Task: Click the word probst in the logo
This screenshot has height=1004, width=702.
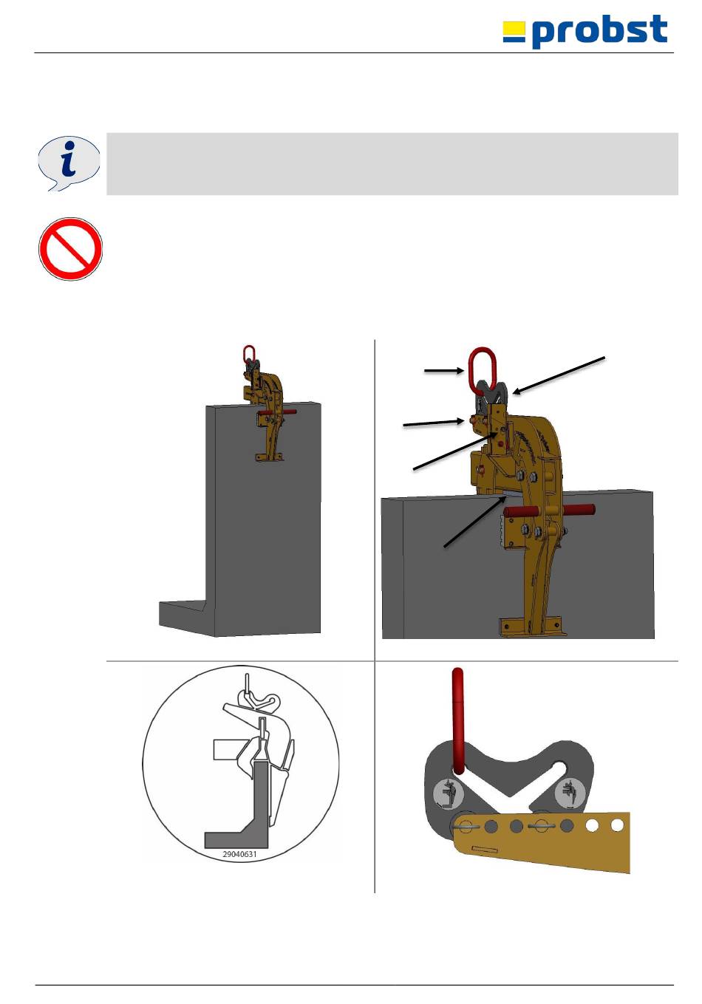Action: (x=599, y=30)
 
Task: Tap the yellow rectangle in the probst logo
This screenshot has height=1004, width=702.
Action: (x=514, y=28)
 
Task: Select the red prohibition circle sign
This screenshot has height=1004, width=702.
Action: (x=70, y=249)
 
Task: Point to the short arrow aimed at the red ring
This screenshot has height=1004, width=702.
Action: (x=444, y=371)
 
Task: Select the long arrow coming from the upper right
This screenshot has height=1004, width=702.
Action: (x=559, y=375)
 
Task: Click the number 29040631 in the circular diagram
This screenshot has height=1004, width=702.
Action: (x=240, y=854)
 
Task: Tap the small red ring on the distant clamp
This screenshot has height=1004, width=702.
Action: (x=249, y=353)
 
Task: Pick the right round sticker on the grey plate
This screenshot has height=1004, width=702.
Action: (x=570, y=793)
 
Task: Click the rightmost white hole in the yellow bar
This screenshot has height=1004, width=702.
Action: (x=617, y=824)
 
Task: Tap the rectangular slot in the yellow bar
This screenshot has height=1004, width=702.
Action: (x=485, y=848)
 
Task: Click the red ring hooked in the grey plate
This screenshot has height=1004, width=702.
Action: (x=458, y=722)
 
